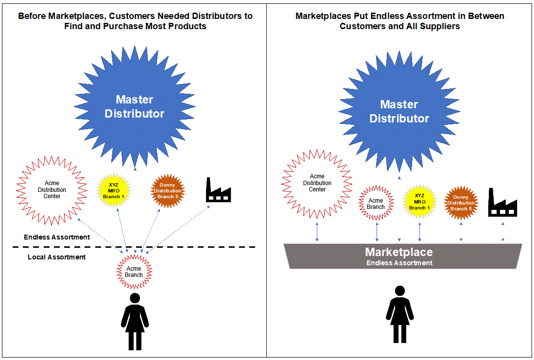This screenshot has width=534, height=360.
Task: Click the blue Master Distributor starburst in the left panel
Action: pyautogui.click(x=135, y=107)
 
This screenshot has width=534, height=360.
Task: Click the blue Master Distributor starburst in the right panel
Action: pyautogui.click(x=399, y=111)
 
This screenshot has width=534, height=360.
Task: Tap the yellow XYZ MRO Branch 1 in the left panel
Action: pyautogui.click(x=115, y=190)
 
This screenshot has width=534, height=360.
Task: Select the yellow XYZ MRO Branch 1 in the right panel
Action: pyautogui.click(x=419, y=201)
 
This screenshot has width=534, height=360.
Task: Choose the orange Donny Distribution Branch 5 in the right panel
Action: pyautogui.click(x=461, y=203)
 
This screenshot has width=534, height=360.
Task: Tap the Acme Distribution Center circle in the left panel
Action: pyautogui.click(x=52, y=190)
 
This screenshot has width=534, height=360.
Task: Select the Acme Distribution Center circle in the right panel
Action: pyautogui.click(x=317, y=183)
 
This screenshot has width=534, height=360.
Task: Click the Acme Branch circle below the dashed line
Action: pyautogui.click(x=134, y=272)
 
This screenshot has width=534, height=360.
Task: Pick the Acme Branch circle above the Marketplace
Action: pyautogui.click(x=376, y=204)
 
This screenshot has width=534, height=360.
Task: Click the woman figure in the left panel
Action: pyautogui.click(x=135, y=321)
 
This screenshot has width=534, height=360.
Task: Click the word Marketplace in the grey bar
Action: pyautogui.click(x=399, y=253)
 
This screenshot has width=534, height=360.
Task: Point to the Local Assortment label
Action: pyautogui.click(x=56, y=257)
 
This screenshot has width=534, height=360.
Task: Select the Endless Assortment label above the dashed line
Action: pyautogui.click(x=57, y=237)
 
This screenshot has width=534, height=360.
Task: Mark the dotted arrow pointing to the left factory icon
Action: pyautogui.click(x=180, y=228)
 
